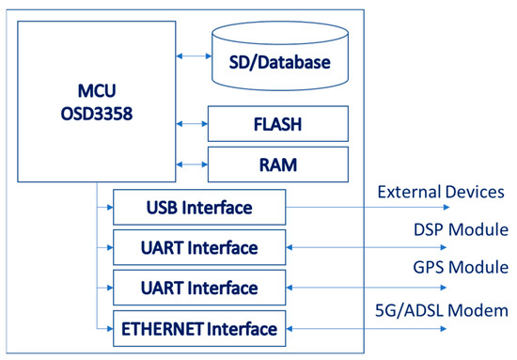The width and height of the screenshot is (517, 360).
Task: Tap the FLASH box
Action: click(277, 123)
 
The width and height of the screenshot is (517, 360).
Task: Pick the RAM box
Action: click(277, 164)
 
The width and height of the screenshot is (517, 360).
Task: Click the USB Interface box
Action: click(197, 207)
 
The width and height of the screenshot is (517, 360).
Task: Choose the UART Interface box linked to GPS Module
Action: click(197, 287)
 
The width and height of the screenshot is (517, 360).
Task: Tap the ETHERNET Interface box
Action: click(197, 328)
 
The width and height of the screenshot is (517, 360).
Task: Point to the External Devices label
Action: click(441, 192)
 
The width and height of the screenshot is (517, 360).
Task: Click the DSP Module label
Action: click(460, 230)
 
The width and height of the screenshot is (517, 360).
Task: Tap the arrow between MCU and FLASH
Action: click(192, 123)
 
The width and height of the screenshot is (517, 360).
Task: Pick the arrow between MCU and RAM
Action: click(192, 164)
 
